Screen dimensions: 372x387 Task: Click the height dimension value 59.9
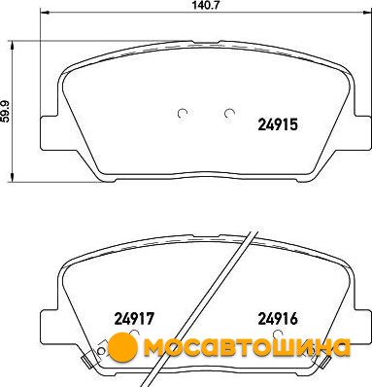point(6,111)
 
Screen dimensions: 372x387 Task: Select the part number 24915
point(278,124)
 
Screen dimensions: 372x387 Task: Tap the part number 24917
point(133,319)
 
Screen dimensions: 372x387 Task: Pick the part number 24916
point(278,319)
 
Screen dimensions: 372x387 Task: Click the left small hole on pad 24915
point(183,113)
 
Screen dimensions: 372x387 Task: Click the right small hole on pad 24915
point(229,113)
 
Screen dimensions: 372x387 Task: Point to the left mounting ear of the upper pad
point(51,133)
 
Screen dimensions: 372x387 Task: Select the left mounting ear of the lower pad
point(51,327)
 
